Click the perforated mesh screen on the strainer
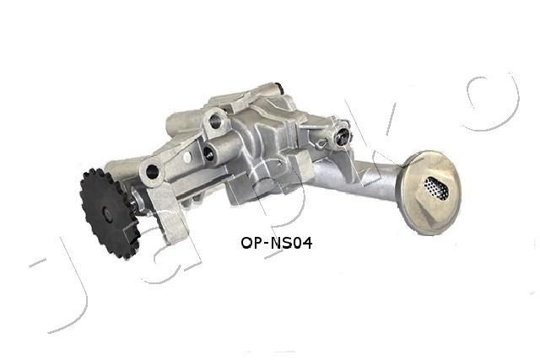coord(436,187)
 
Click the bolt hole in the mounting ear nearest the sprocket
coord(153,172)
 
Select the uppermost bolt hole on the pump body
coord(216,121)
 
